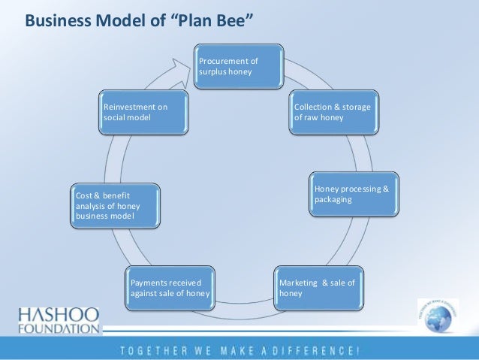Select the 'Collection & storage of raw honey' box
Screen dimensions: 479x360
point(333,112)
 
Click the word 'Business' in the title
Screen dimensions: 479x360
point(56,18)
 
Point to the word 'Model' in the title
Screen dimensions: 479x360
point(115,18)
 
